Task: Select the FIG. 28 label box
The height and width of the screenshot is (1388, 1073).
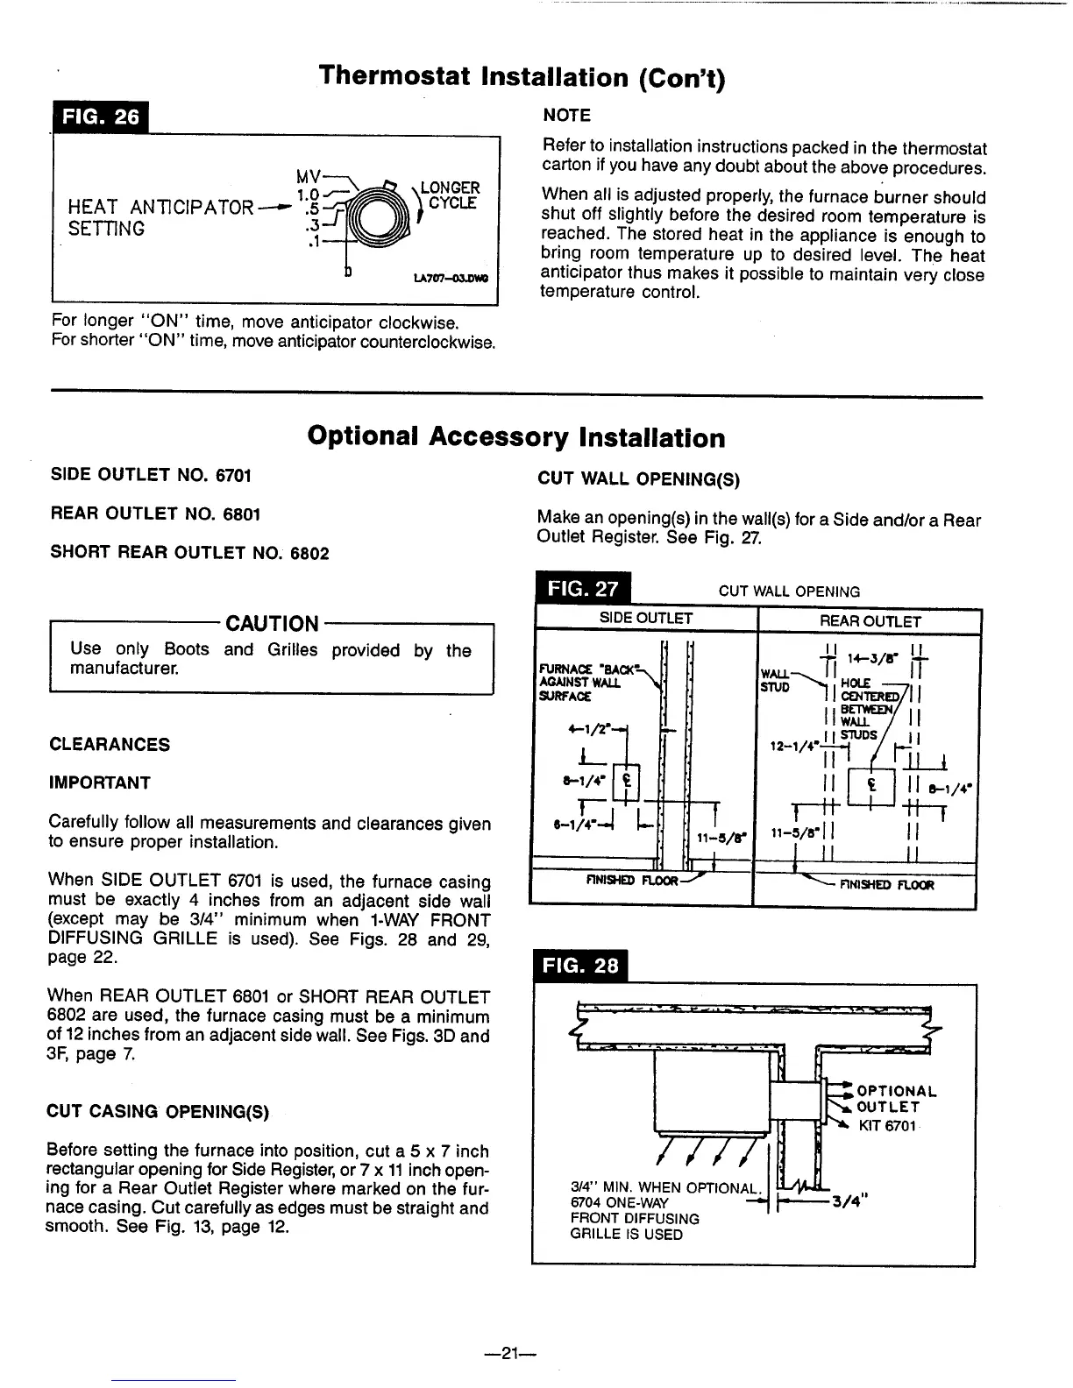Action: click(581, 967)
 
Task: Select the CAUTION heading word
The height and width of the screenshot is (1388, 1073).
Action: click(273, 624)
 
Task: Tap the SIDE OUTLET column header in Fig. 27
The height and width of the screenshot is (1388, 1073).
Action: click(646, 619)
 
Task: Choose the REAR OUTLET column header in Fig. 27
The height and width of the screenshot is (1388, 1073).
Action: click(870, 621)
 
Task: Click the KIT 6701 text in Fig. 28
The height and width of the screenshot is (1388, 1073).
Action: click(887, 1125)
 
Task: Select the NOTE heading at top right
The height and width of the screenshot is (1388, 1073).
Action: click(567, 116)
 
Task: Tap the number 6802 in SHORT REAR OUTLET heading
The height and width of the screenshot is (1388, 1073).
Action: click(311, 553)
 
